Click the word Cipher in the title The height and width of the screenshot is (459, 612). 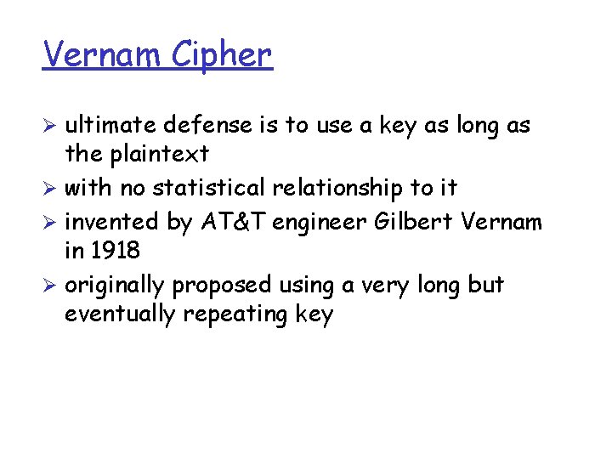click(x=222, y=55)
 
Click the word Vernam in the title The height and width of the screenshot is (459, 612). click(x=102, y=54)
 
